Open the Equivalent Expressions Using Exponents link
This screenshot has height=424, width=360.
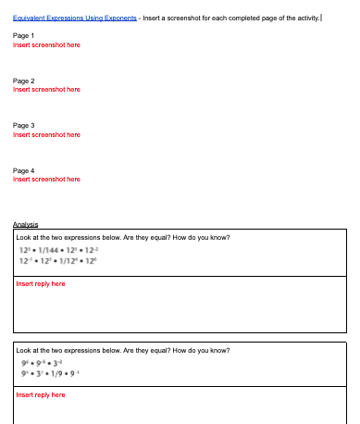click(75, 19)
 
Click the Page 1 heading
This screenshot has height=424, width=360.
click(24, 35)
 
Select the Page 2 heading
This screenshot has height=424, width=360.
click(24, 81)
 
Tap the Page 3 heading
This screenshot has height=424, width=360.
click(24, 125)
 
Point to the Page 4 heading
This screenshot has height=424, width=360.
click(24, 170)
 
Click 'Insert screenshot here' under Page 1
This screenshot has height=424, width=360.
click(46, 44)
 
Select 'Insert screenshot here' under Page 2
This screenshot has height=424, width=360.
click(46, 89)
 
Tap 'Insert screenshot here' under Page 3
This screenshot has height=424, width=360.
click(46, 134)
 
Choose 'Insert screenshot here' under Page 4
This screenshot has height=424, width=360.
click(46, 179)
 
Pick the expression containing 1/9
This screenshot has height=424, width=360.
click(59, 372)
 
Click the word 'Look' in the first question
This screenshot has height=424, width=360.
click(24, 237)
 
